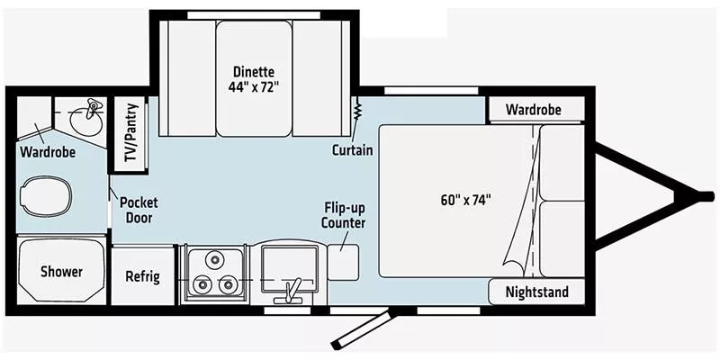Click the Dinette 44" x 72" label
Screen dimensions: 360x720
pyautogui.click(x=253, y=79)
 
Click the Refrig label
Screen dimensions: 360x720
pyautogui.click(x=142, y=276)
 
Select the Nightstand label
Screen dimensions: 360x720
pyautogui.click(x=536, y=292)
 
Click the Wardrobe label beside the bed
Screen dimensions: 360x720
pyautogui.click(x=533, y=110)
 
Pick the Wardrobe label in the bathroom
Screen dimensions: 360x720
pyautogui.click(x=48, y=152)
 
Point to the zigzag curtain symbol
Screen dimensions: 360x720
pyautogui.click(x=357, y=112)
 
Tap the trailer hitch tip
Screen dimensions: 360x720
pyautogui.click(x=706, y=194)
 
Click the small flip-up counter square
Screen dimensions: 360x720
pyautogui.click(x=344, y=259)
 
